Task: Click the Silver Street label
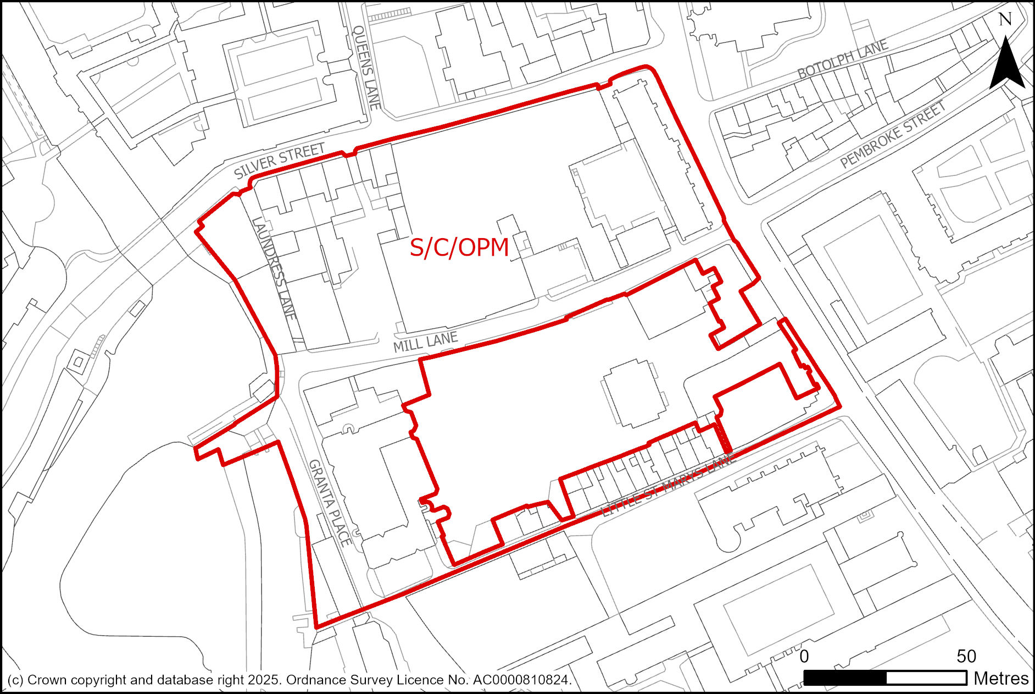click(279, 161)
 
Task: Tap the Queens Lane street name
click(366, 67)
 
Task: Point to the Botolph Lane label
click(842, 59)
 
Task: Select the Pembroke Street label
click(893, 134)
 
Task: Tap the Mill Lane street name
click(425, 343)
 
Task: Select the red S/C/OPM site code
click(459, 248)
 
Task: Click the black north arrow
click(1006, 63)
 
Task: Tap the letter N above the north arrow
click(1005, 20)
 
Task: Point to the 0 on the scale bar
click(804, 657)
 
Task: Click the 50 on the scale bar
click(966, 657)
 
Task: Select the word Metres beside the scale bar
click(1001, 679)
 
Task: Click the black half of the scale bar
click(845, 678)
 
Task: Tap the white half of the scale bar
click(926, 678)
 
